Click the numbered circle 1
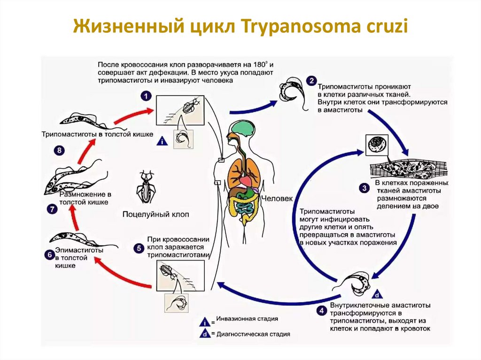click(x=147, y=96)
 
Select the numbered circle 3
click(x=364, y=189)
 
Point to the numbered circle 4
click(x=321, y=311)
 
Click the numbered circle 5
click(x=138, y=248)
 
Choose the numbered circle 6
click(x=49, y=255)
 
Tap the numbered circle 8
click(x=59, y=151)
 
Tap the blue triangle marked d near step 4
click(x=376, y=295)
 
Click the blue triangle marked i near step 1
click(x=162, y=141)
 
